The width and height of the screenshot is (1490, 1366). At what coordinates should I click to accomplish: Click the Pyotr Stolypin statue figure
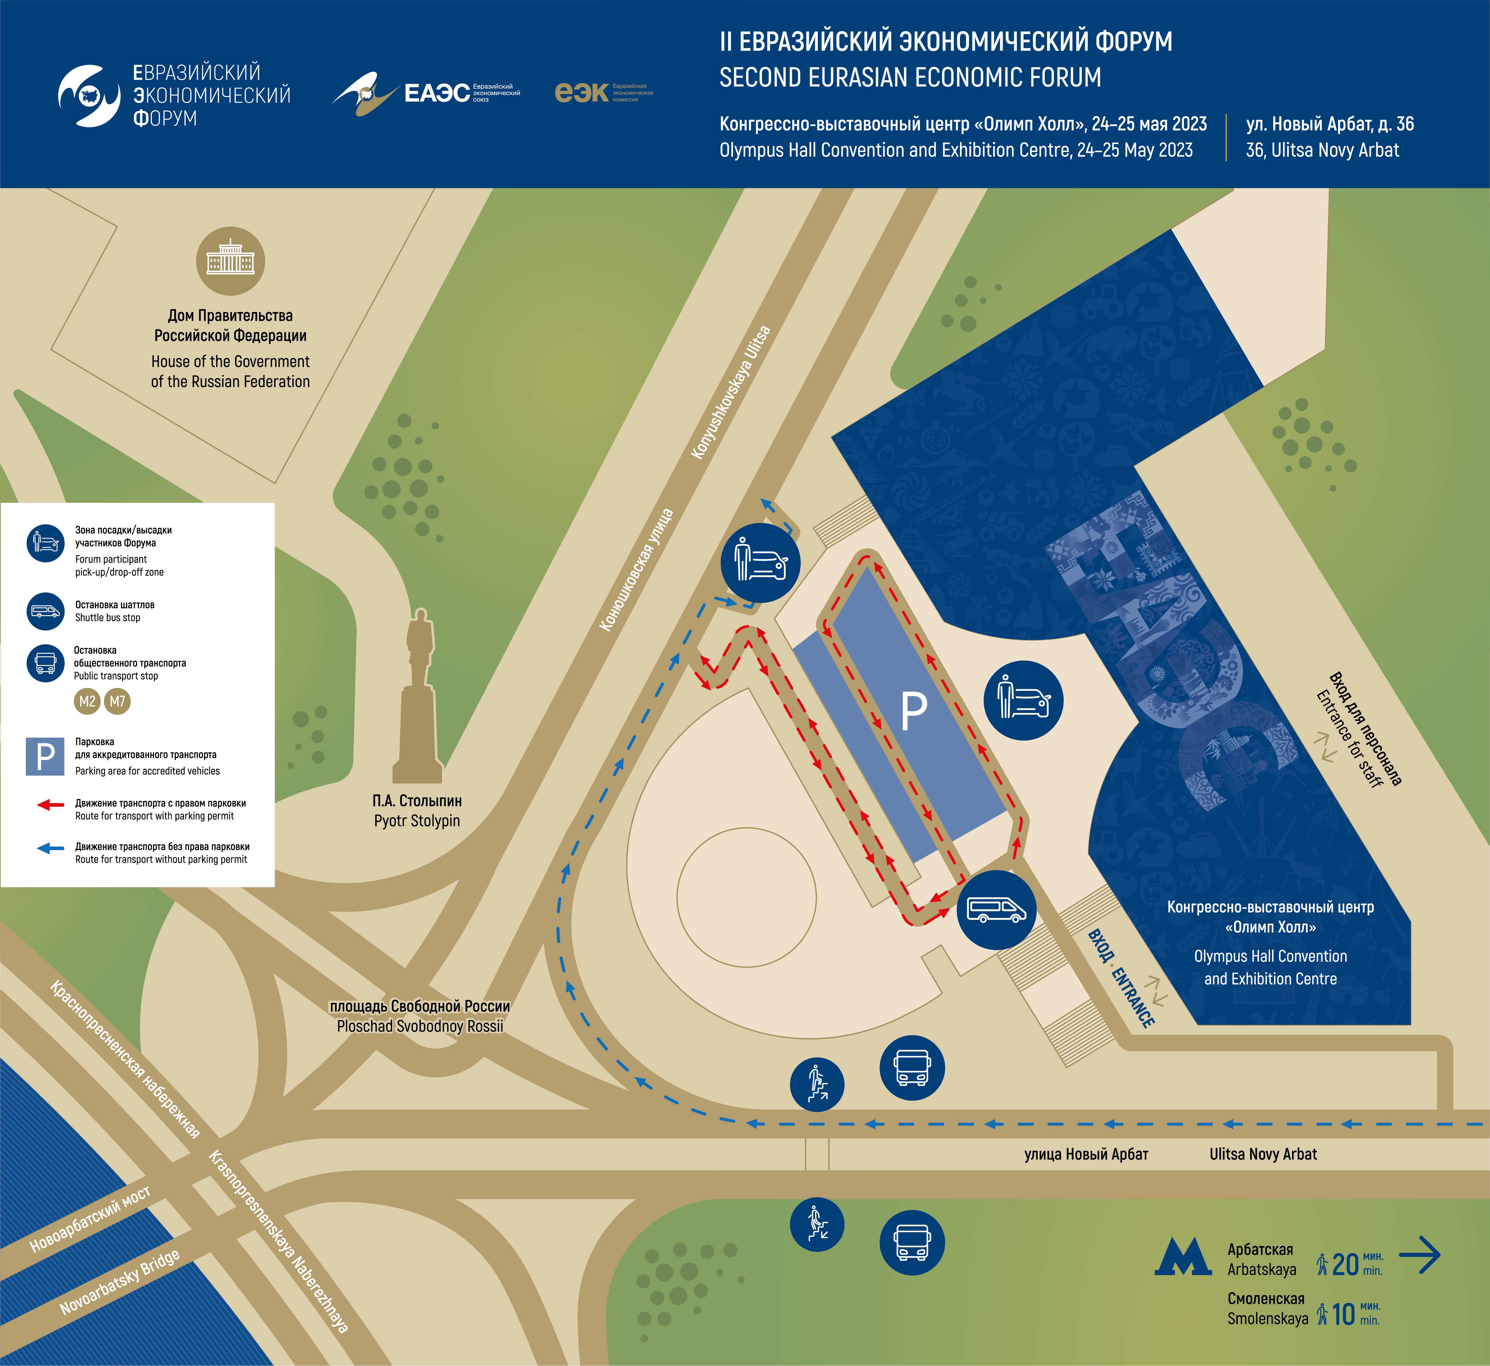click(x=418, y=695)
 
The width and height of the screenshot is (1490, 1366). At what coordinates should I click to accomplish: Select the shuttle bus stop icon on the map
click(x=996, y=910)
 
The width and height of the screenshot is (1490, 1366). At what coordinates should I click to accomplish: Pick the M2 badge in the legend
click(x=87, y=701)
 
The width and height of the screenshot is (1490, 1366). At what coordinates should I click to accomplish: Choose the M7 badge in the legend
click(x=118, y=701)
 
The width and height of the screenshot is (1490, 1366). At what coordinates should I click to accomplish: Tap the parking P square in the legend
click(x=45, y=756)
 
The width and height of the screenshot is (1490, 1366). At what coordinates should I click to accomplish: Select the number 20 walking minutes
click(x=1345, y=1265)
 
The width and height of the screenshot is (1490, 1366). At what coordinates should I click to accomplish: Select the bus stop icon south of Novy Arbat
click(x=912, y=1242)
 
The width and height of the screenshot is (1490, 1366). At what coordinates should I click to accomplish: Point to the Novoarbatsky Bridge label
click(x=120, y=1283)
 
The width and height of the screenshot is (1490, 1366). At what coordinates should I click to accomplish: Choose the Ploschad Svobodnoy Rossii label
click(x=420, y=1026)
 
